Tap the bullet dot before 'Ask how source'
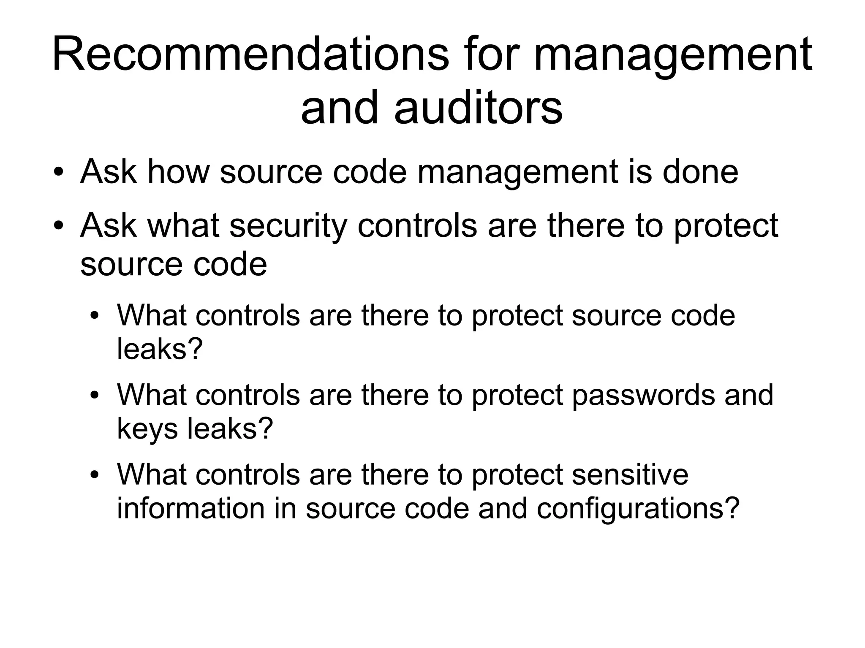(59, 174)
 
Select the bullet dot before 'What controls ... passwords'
(95, 396)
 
